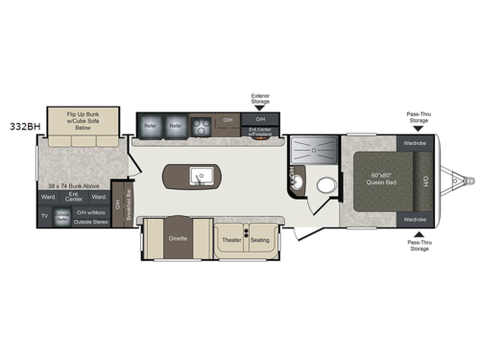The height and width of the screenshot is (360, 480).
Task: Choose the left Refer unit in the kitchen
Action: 151,124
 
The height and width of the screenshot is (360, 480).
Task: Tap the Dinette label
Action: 178,236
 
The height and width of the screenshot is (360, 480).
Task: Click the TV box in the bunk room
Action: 44,216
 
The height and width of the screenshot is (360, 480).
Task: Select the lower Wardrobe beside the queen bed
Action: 415,219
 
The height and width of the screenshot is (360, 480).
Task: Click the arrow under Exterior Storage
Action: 260,109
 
